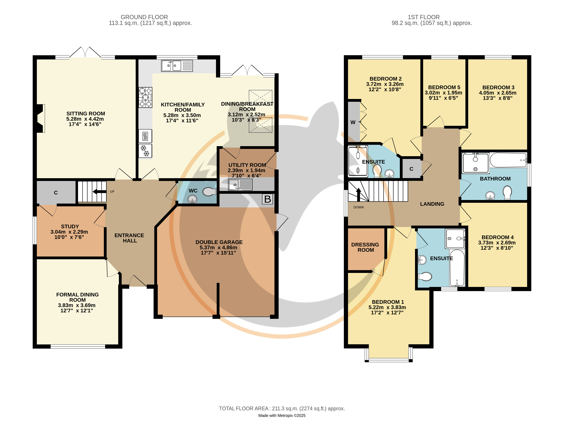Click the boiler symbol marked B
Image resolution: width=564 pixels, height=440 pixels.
[268, 199]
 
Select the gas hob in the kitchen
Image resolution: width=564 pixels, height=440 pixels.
[145, 97]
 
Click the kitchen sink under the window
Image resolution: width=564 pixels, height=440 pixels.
[177, 66]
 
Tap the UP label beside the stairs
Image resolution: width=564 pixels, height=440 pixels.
[112, 192]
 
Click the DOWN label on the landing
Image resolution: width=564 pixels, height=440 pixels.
[358, 207]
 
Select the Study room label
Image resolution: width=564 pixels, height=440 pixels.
[70, 226]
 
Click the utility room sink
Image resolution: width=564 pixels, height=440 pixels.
[240, 185]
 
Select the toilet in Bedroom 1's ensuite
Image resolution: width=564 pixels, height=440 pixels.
[425, 277]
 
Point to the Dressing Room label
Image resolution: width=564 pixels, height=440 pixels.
[365, 247]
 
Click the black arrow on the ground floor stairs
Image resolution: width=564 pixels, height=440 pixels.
[99, 192]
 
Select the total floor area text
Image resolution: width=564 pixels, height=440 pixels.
[282, 408]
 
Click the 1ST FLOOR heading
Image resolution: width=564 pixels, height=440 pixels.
[423, 17]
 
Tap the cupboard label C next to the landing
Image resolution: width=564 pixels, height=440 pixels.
[411, 169]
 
